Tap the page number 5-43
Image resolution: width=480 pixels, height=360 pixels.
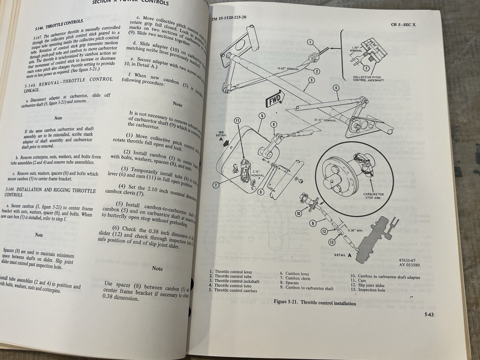point(429,315)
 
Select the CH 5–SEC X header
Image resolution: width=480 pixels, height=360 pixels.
point(403,25)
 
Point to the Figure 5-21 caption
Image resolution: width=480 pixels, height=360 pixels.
point(315,303)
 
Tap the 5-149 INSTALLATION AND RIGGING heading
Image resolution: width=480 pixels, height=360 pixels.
point(50,193)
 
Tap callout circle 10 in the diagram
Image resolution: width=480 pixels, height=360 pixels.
point(298,214)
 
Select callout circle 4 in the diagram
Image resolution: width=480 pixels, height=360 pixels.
point(336,88)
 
